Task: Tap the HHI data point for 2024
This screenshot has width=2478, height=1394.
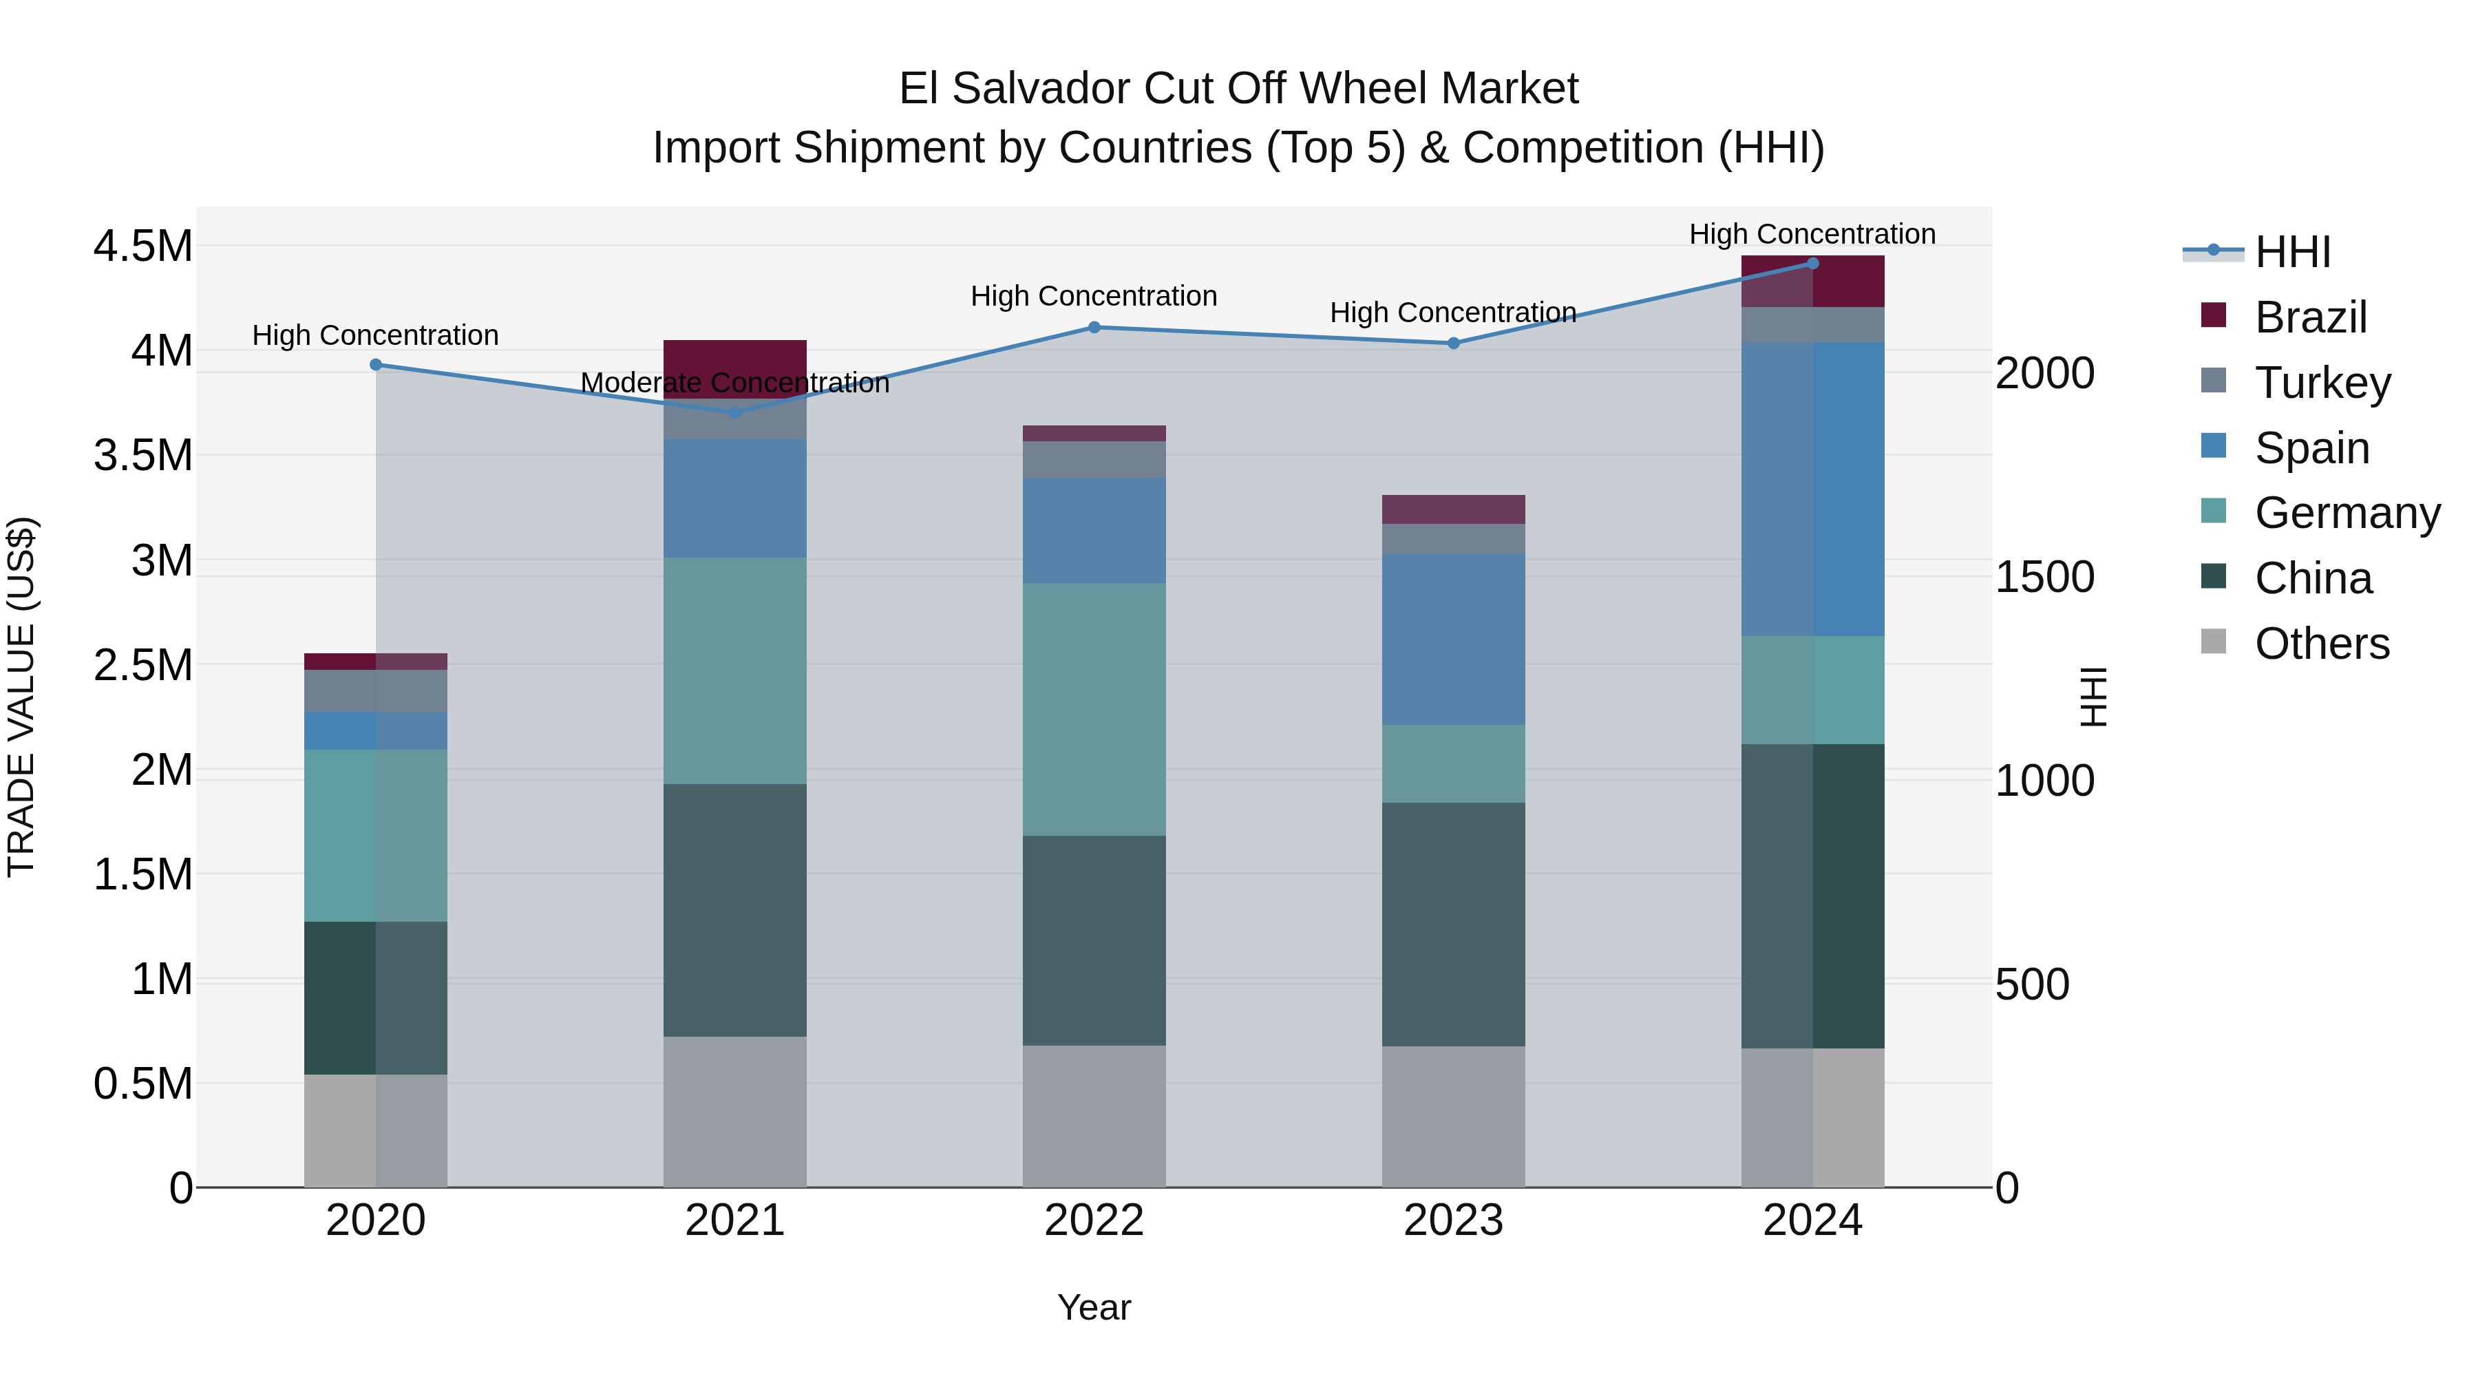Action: coord(1812,264)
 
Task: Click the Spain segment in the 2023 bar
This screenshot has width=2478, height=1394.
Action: coord(1454,639)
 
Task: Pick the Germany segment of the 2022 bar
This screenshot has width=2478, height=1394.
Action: coord(1094,709)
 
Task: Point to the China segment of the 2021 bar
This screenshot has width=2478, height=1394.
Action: coord(735,910)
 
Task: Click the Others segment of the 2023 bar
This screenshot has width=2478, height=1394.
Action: coord(1454,1116)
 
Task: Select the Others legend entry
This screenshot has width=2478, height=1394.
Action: coord(2321,644)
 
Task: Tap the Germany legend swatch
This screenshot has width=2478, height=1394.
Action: coord(2214,511)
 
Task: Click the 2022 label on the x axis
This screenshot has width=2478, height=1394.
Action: coord(1094,1221)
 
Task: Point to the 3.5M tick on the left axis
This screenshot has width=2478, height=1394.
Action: coord(142,456)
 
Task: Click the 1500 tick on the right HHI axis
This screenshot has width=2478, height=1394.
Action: coord(2044,578)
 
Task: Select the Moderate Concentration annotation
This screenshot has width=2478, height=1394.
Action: coord(735,383)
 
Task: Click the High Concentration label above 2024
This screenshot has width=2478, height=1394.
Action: coord(1812,234)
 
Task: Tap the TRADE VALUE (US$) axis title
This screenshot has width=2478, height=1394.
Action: coord(21,697)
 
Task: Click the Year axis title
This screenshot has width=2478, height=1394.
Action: coord(1094,1307)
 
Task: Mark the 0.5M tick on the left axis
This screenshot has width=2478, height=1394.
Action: coord(142,1084)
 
